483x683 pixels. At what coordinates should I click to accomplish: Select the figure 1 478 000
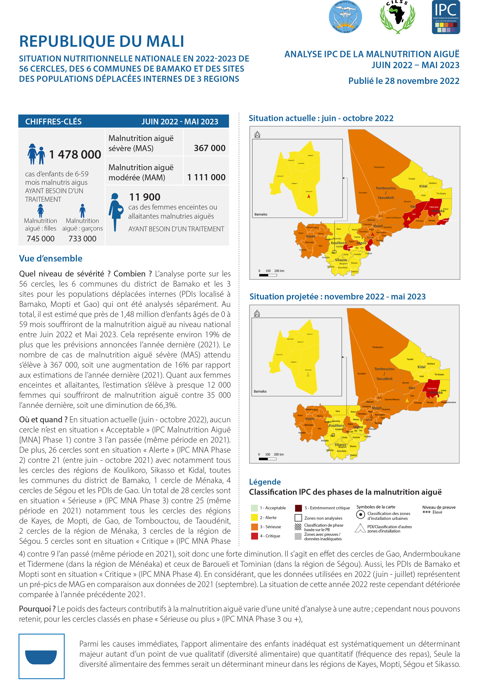tap(75, 154)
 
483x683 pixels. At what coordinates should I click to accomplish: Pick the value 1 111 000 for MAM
tap(206, 177)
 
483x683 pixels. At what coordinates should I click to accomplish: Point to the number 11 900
tap(145, 197)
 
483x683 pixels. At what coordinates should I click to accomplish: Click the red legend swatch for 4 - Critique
tap(254, 536)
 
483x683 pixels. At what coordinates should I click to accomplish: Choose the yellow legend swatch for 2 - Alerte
tap(254, 518)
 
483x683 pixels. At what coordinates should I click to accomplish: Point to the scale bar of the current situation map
tap(268, 275)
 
